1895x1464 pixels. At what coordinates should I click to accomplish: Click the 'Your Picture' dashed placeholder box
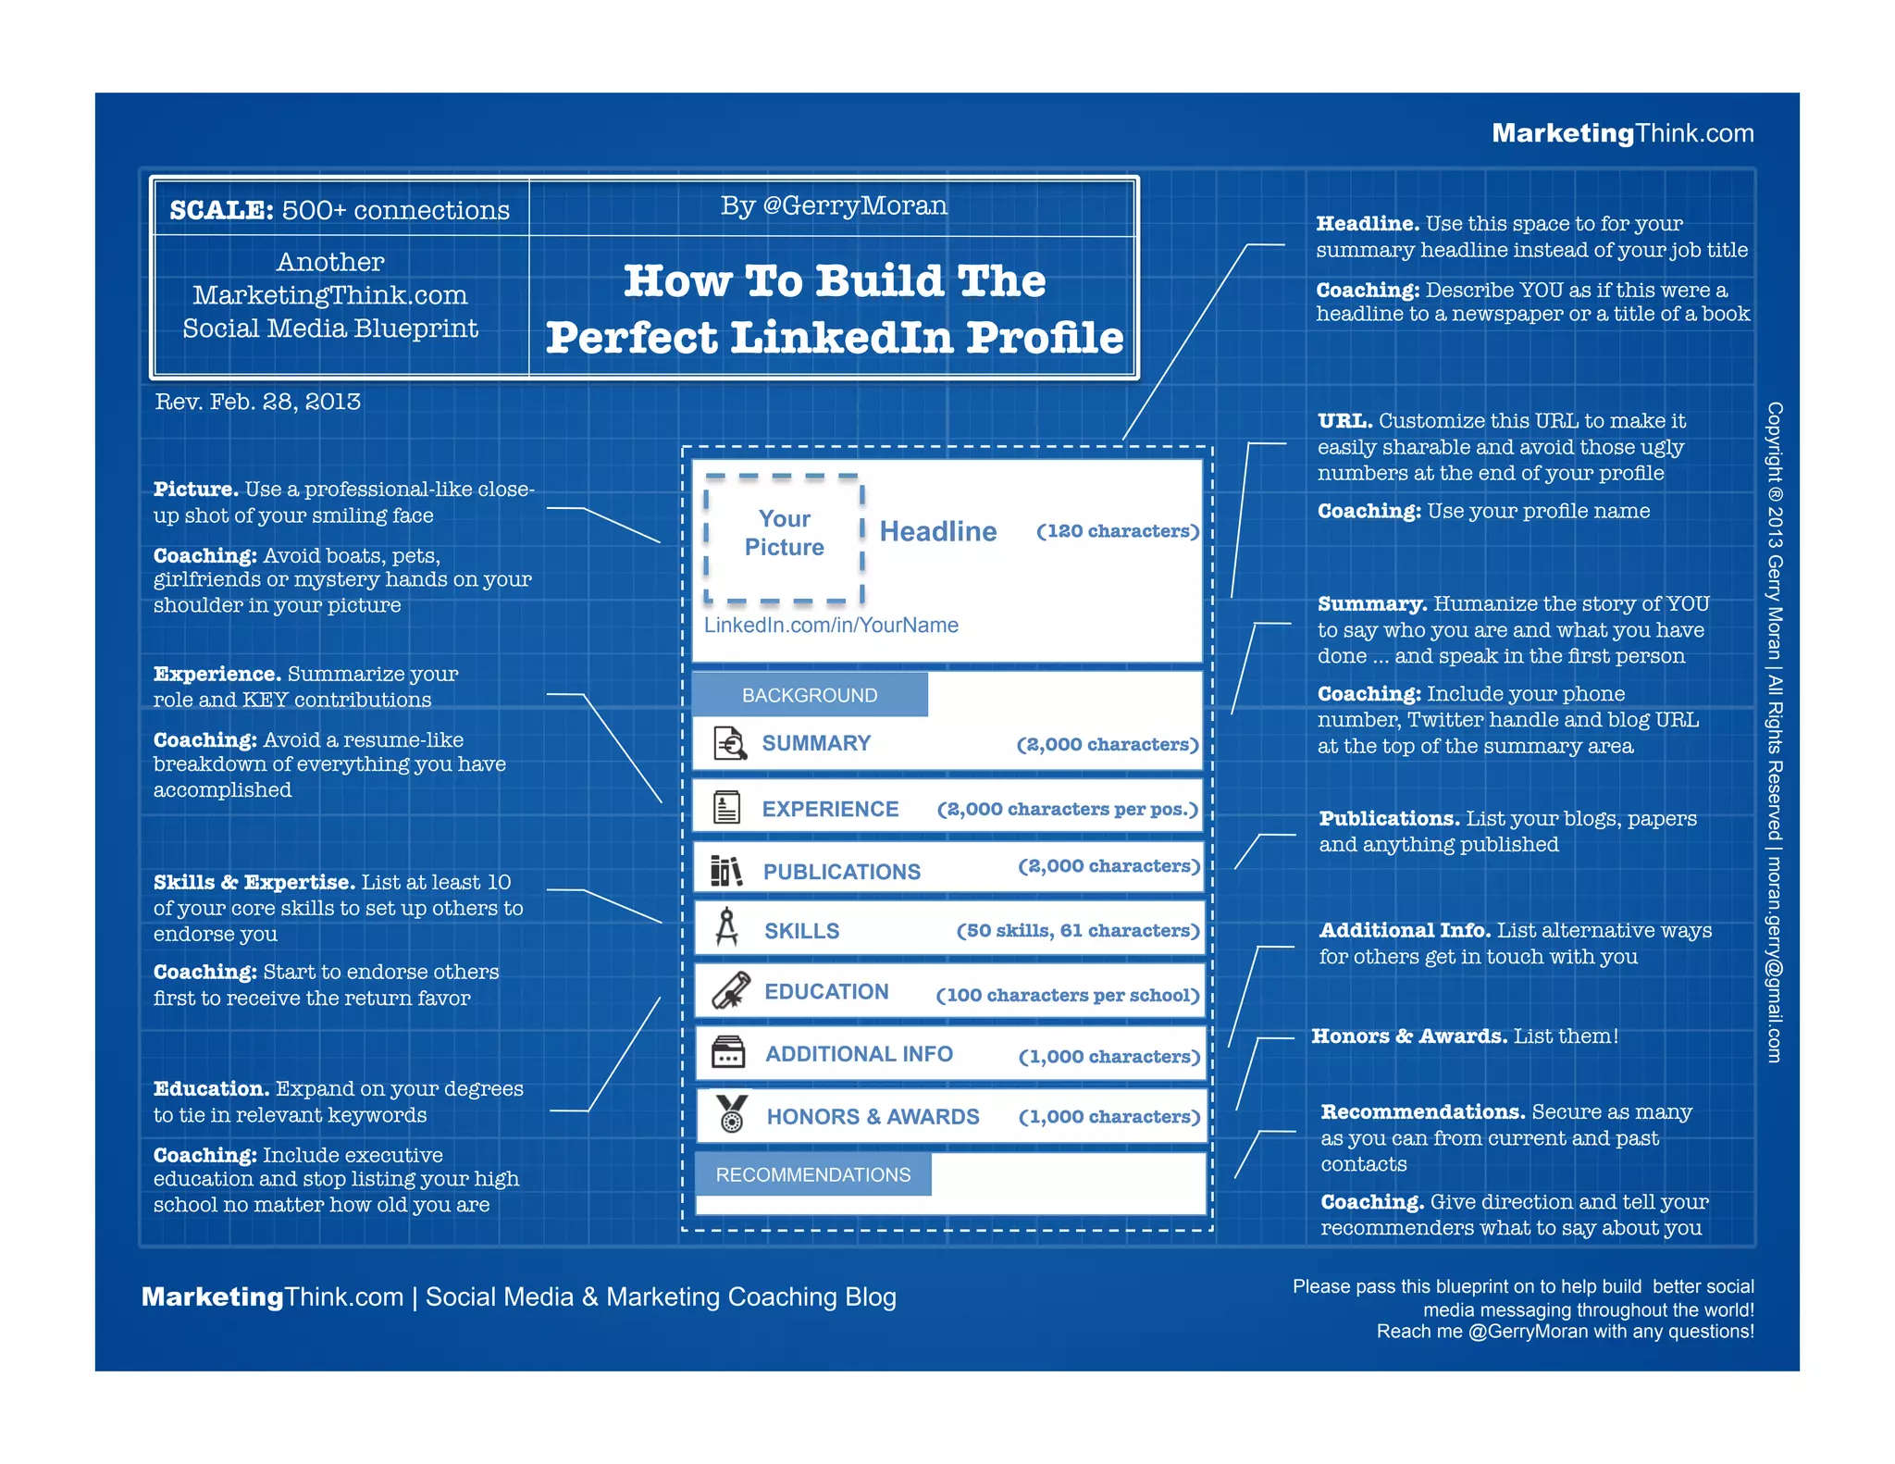[x=784, y=538]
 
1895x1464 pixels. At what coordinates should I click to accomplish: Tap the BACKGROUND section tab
[x=810, y=695]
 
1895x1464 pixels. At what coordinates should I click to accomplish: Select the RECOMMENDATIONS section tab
[x=812, y=1174]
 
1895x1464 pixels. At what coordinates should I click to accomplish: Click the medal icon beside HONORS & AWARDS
[x=732, y=1113]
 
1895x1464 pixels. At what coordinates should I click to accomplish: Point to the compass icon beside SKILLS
[x=727, y=927]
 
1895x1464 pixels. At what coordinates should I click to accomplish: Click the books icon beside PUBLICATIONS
[x=726, y=870]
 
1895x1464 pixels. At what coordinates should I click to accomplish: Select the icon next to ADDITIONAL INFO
[x=728, y=1052]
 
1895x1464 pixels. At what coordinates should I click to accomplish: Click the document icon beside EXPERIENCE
[x=727, y=807]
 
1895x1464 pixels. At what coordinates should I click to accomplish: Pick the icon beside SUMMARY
[x=730, y=742]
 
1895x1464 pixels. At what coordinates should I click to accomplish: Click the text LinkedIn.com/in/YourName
[x=831, y=626]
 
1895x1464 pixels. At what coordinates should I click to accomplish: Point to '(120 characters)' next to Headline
[x=1118, y=531]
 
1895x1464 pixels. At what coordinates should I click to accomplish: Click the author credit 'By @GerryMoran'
[x=834, y=205]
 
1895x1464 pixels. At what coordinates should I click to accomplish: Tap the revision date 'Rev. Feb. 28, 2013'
[x=257, y=402]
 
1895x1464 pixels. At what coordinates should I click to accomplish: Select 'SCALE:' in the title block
[x=221, y=210]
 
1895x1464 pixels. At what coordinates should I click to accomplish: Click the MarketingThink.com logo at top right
[x=1622, y=133]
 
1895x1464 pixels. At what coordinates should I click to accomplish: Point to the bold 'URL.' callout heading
[x=1344, y=421]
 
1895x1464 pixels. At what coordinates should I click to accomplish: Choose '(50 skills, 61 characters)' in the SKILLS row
[x=1078, y=931]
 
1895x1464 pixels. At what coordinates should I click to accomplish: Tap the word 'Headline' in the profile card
[x=937, y=531]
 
